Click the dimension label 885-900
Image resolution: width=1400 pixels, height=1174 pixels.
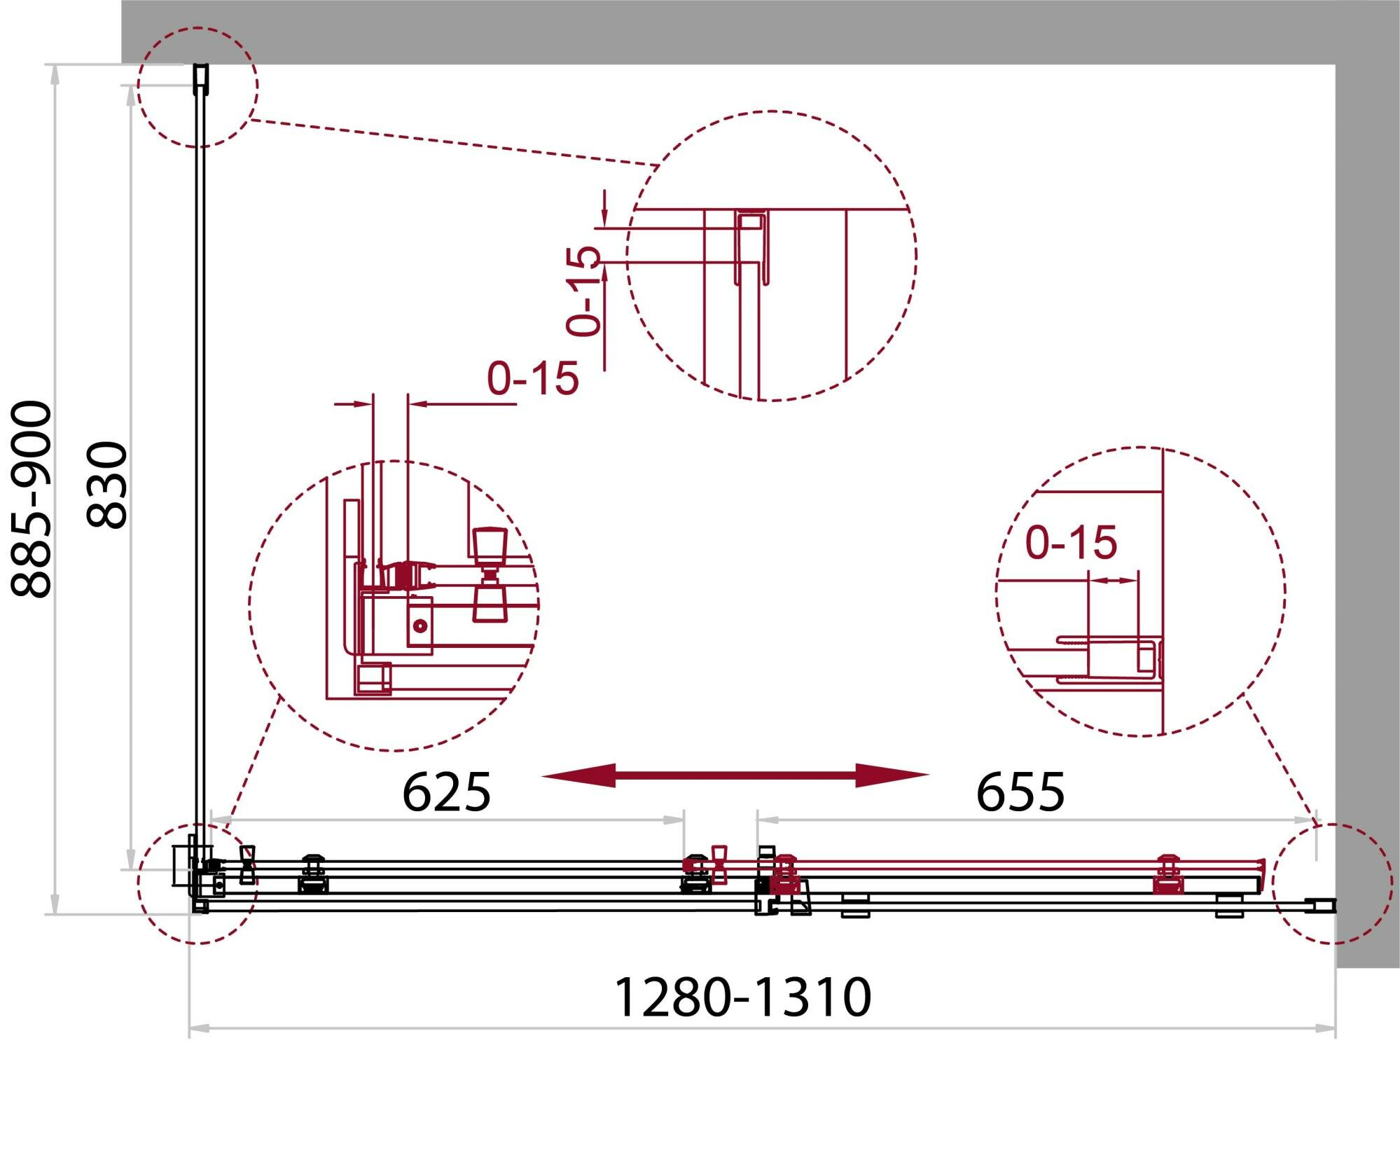(x=32, y=499)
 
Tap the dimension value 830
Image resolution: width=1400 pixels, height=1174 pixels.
(x=106, y=484)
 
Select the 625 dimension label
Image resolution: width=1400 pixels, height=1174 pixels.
(x=447, y=792)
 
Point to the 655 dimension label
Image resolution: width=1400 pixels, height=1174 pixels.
(x=1020, y=792)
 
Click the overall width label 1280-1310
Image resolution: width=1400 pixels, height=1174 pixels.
(x=742, y=997)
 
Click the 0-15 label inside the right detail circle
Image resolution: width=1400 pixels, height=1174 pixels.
(x=1071, y=542)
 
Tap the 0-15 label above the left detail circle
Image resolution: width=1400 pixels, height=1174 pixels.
(x=533, y=378)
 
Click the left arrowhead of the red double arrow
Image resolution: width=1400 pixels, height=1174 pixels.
(x=578, y=775)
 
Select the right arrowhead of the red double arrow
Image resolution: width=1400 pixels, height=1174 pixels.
(x=893, y=775)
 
